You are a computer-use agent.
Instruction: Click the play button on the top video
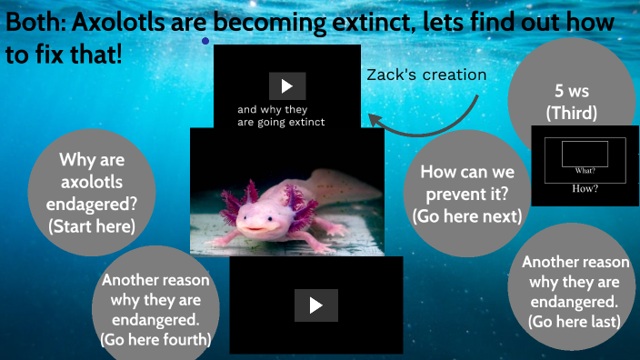coord(287,86)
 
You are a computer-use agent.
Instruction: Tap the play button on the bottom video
coord(315,305)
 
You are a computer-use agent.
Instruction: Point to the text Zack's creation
coord(426,75)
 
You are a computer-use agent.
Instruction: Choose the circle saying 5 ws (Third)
coord(570,100)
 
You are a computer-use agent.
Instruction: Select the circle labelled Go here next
coord(467,193)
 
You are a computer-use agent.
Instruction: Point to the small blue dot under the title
coord(205,41)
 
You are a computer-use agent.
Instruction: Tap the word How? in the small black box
coord(585,188)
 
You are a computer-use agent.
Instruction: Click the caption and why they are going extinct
coord(281,115)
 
